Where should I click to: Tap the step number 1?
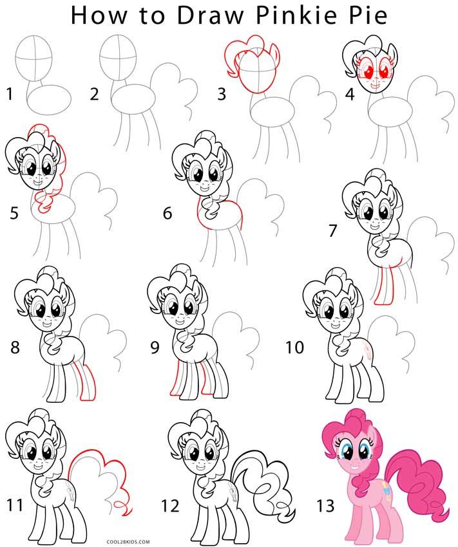click(9, 95)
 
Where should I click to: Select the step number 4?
click(350, 95)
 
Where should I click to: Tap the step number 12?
click(170, 506)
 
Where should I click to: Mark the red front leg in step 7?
click(385, 286)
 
